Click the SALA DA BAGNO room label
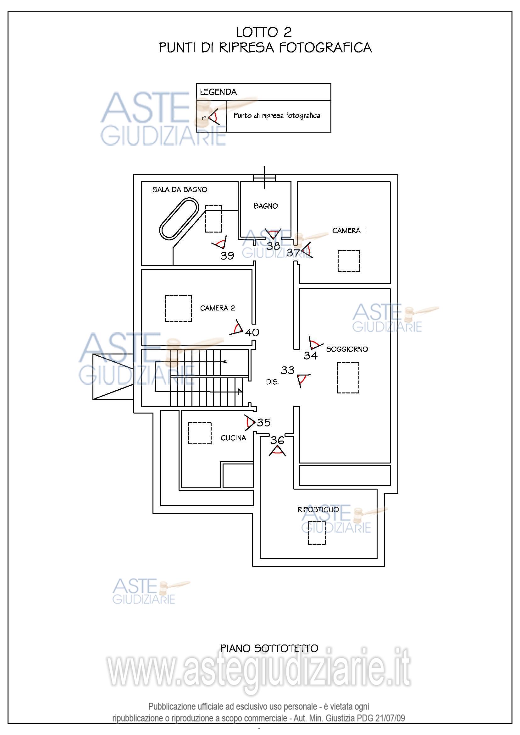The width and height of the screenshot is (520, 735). pyautogui.click(x=180, y=189)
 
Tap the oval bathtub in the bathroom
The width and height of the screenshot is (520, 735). pyautogui.click(x=179, y=219)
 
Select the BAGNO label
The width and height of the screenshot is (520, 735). pyautogui.click(x=266, y=206)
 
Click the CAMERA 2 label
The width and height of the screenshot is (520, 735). pyautogui.click(x=218, y=308)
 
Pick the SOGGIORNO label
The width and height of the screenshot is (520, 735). pyautogui.click(x=347, y=349)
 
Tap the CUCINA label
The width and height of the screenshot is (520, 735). pyautogui.click(x=233, y=438)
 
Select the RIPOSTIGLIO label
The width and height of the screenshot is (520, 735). pyautogui.click(x=318, y=510)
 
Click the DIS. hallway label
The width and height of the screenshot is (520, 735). pyautogui.click(x=273, y=382)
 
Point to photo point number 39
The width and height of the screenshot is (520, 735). pyautogui.click(x=227, y=255)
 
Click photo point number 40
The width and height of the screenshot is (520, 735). pyautogui.click(x=252, y=332)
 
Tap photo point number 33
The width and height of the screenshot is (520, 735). pyautogui.click(x=288, y=370)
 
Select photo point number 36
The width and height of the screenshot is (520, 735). pyautogui.click(x=277, y=440)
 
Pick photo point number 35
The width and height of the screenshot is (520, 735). pyautogui.click(x=263, y=423)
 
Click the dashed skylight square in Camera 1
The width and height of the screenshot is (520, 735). pyautogui.click(x=349, y=261)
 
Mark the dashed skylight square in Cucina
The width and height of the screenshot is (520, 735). pyautogui.click(x=200, y=433)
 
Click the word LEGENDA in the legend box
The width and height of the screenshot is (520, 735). pyautogui.click(x=219, y=92)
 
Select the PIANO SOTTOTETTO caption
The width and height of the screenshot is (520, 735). pyautogui.click(x=269, y=649)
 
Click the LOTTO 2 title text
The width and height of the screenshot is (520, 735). pyautogui.click(x=264, y=32)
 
